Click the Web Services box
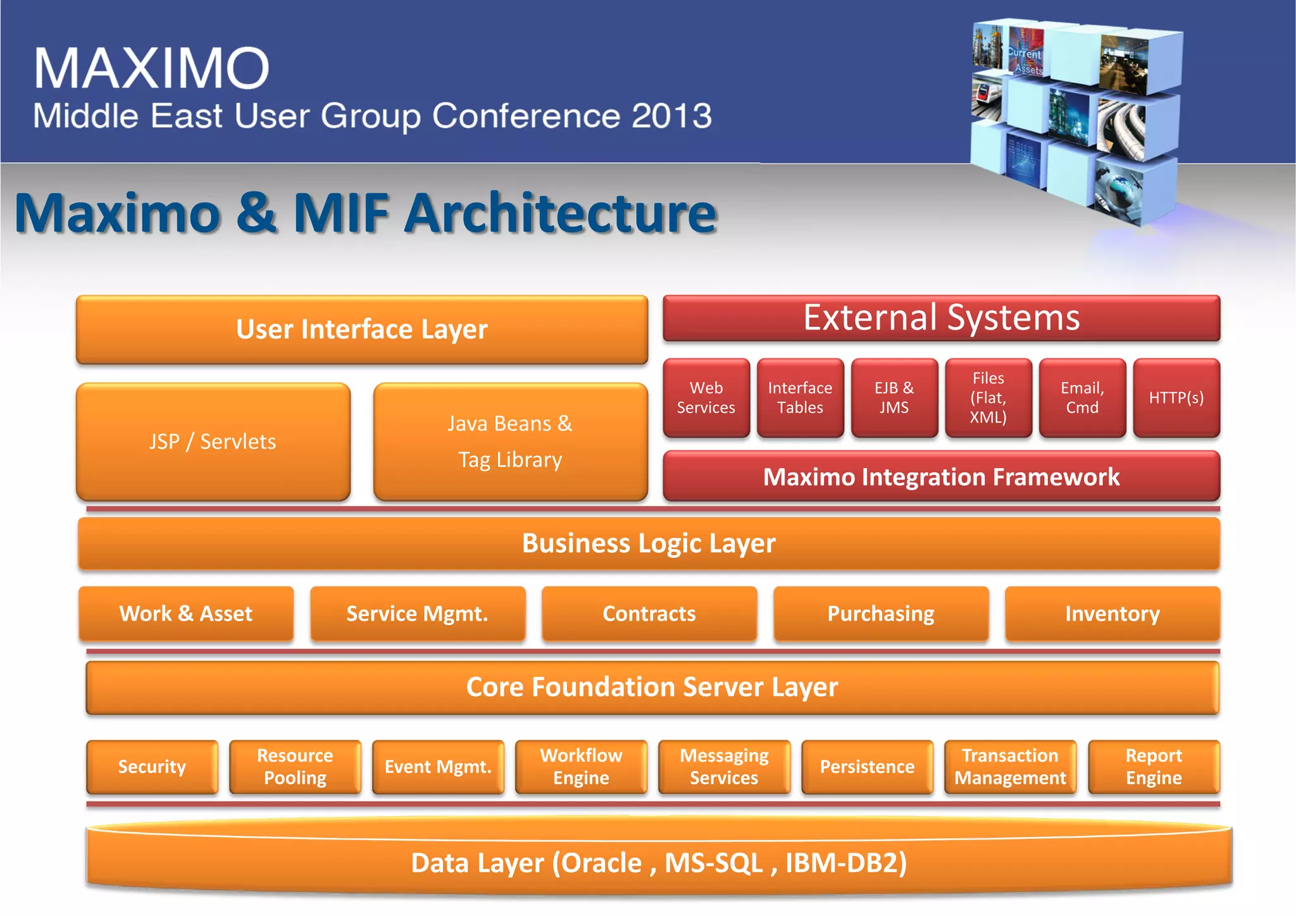[x=706, y=398]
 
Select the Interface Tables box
[x=800, y=398]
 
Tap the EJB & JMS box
[x=894, y=398]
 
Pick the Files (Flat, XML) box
[x=988, y=398]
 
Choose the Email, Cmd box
[x=1082, y=398]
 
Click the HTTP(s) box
[x=1176, y=398]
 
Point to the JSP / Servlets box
[x=213, y=442]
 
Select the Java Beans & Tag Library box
[x=510, y=442]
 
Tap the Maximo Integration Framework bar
[x=941, y=477]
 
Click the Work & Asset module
[x=186, y=614]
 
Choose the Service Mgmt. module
[x=418, y=614]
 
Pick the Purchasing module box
[x=881, y=614]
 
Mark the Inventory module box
[x=1112, y=614]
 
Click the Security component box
[x=152, y=767]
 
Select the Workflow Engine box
[x=581, y=767]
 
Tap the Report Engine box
[x=1154, y=767]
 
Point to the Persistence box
[x=867, y=767]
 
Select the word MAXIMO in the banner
[x=152, y=68]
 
